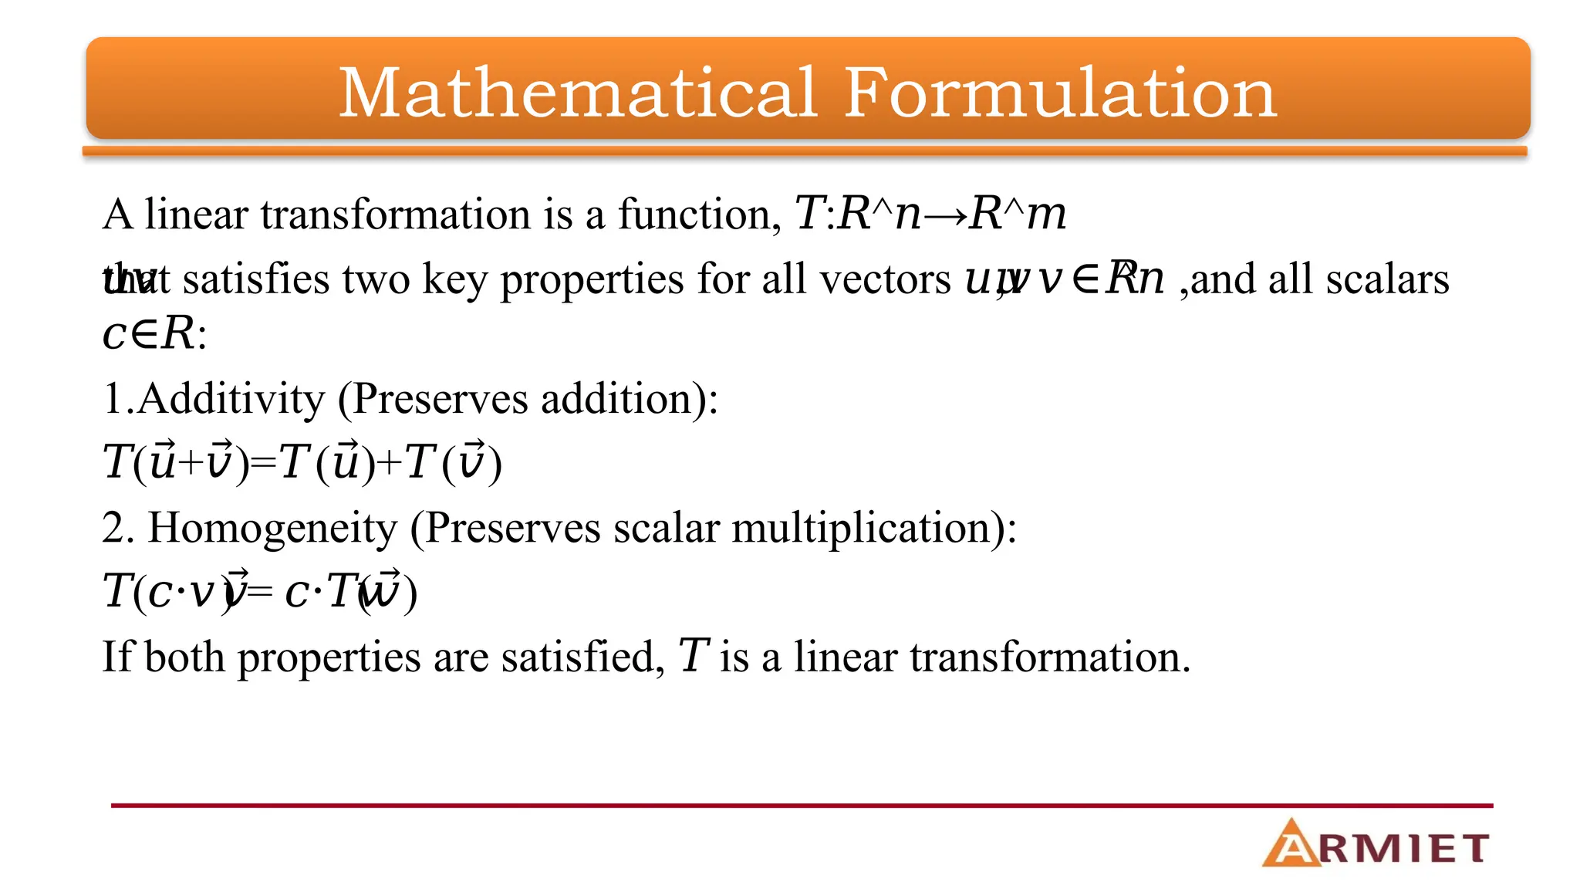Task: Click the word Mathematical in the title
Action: pyautogui.click(x=577, y=93)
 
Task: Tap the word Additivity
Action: pyautogui.click(x=231, y=399)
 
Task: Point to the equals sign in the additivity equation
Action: pyautogui.click(x=263, y=464)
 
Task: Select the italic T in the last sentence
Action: pyautogui.click(x=693, y=657)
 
